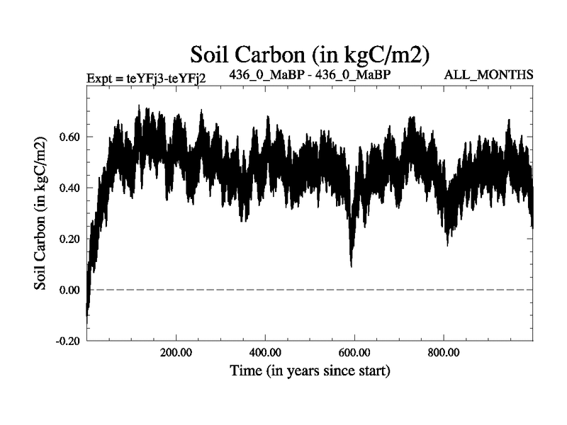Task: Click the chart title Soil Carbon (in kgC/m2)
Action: point(310,54)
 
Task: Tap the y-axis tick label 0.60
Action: point(69,137)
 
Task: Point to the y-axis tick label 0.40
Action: point(69,188)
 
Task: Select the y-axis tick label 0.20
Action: point(69,239)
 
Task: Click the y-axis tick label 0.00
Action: point(69,290)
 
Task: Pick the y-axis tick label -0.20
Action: point(67,341)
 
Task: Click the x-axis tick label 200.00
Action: point(176,352)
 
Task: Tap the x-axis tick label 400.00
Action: point(265,352)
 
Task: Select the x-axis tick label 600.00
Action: point(354,352)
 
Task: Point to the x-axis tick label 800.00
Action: point(443,352)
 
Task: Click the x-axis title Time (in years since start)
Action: point(310,370)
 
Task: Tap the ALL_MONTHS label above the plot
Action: point(488,74)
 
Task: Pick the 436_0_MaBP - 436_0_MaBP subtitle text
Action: point(311,74)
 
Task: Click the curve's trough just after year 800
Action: point(447,244)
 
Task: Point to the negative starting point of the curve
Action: point(86,320)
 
